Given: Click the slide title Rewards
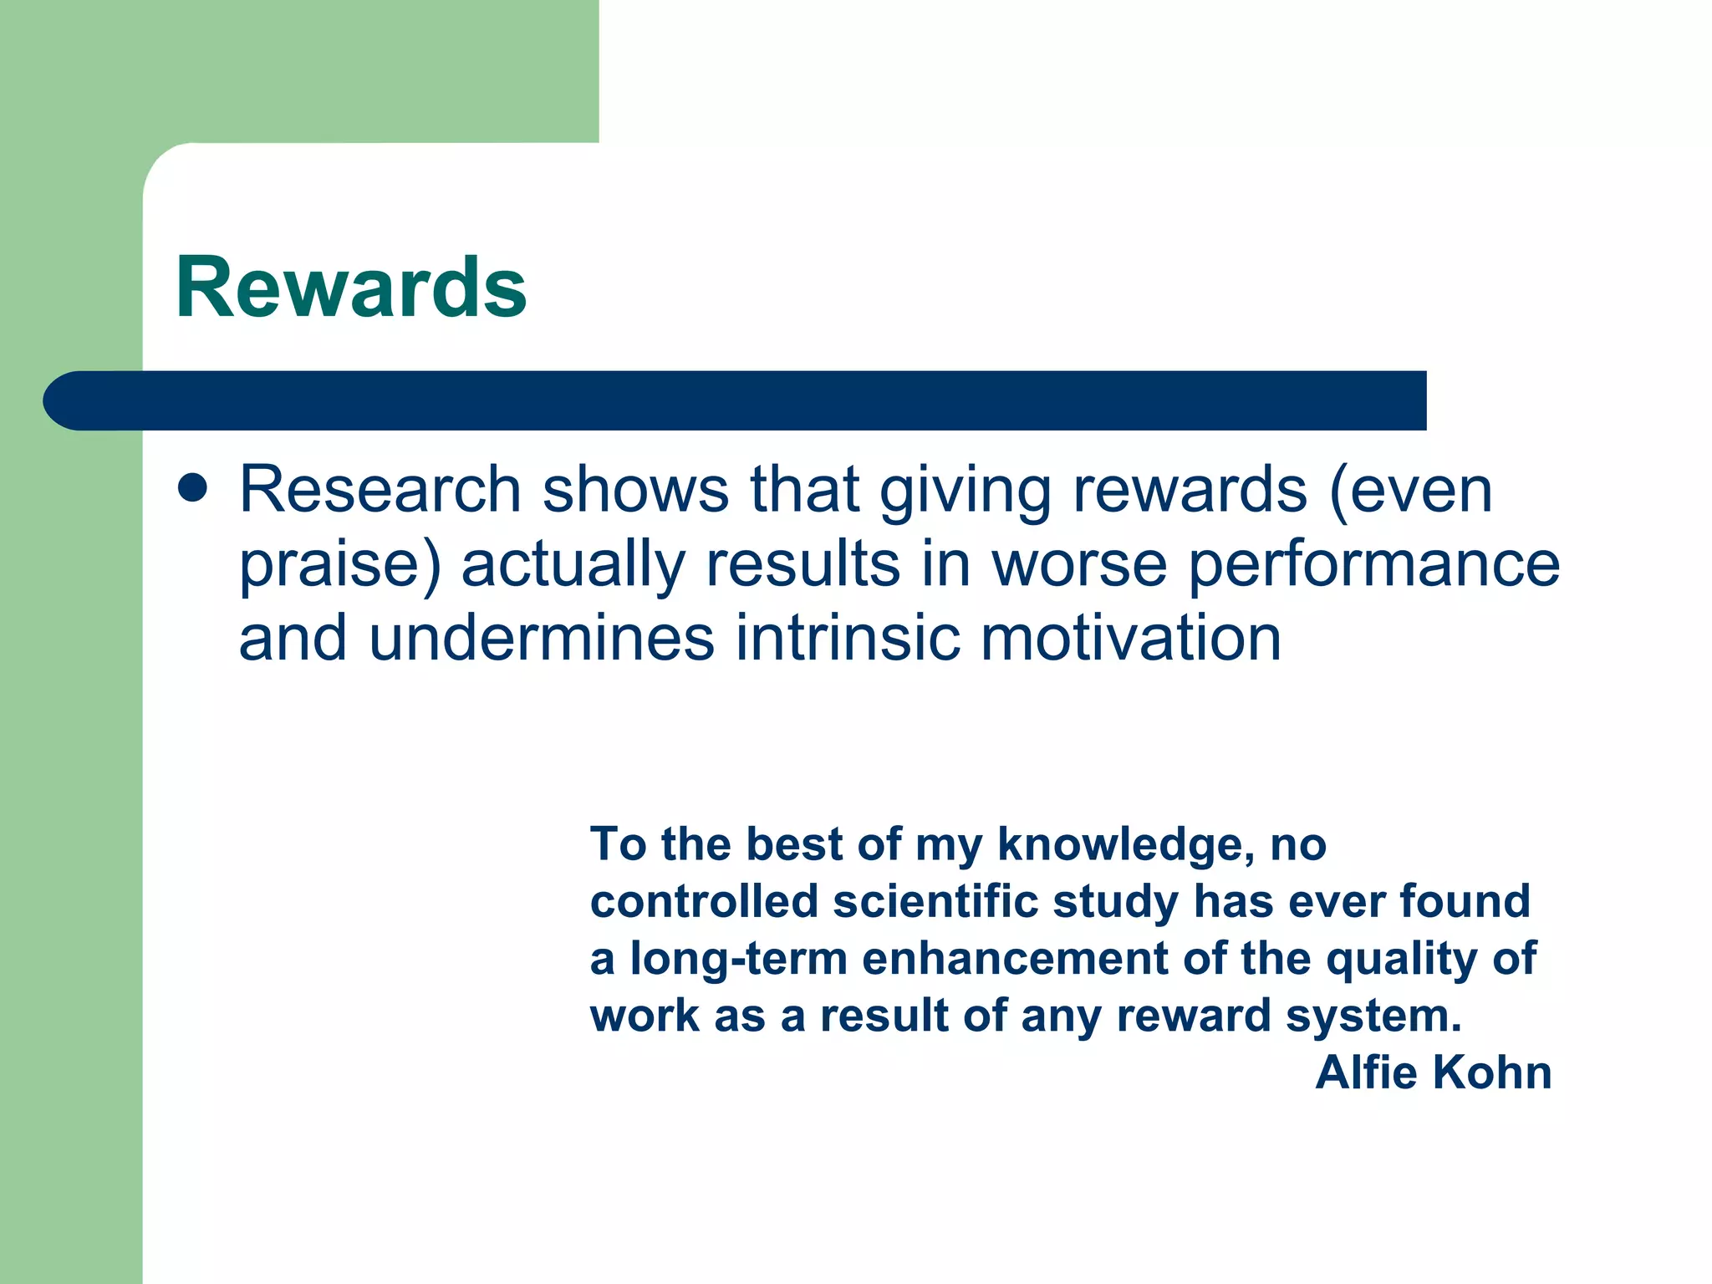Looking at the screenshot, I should (x=351, y=288).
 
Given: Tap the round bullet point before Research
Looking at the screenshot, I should (x=193, y=489).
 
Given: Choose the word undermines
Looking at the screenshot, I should (x=541, y=639).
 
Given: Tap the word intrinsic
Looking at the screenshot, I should (x=847, y=639).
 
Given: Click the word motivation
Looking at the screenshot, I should (x=1130, y=639).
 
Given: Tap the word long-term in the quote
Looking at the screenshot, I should (x=739, y=959).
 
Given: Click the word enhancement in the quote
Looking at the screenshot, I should (x=1015, y=959).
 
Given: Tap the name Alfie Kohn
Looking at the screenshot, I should (x=1433, y=1073).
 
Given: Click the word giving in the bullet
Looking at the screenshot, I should (x=966, y=492).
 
